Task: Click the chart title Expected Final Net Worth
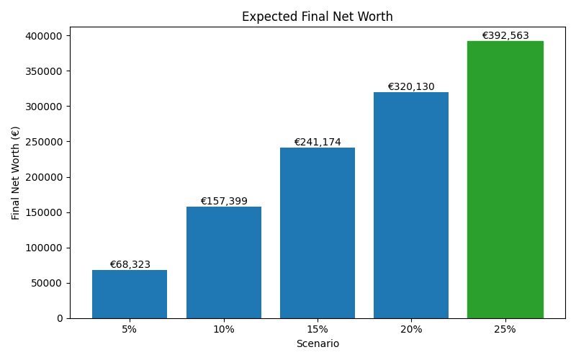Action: pyautogui.click(x=317, y=17)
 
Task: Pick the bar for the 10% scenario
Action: pyautogui.click(x=224, y=262)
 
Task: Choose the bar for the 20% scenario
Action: pyautogui.click(x=411, y=204)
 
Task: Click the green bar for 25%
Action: pyautogui.click(x=505, y=179)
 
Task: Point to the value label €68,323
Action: pyautogui.click(x=130, y=264)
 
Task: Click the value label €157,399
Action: pyautogui.click(x=224, y=201)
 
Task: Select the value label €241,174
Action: pyautogui.click(x=318, y=142)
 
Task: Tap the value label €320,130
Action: pyautogui.click(x=411, y=86)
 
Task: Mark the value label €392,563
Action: pyautogui.click(x=505, y=35)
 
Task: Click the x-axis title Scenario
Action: pyautogui.click(x=318, y=343)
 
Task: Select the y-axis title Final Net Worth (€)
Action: pyautogui.click(x=16, y=173)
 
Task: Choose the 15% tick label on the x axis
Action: pyautogui.click(x=318, y=329)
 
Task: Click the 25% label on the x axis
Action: pyautogui.click(x=505, y=329)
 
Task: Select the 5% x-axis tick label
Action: pyautogui.click(x=130, y=329)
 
